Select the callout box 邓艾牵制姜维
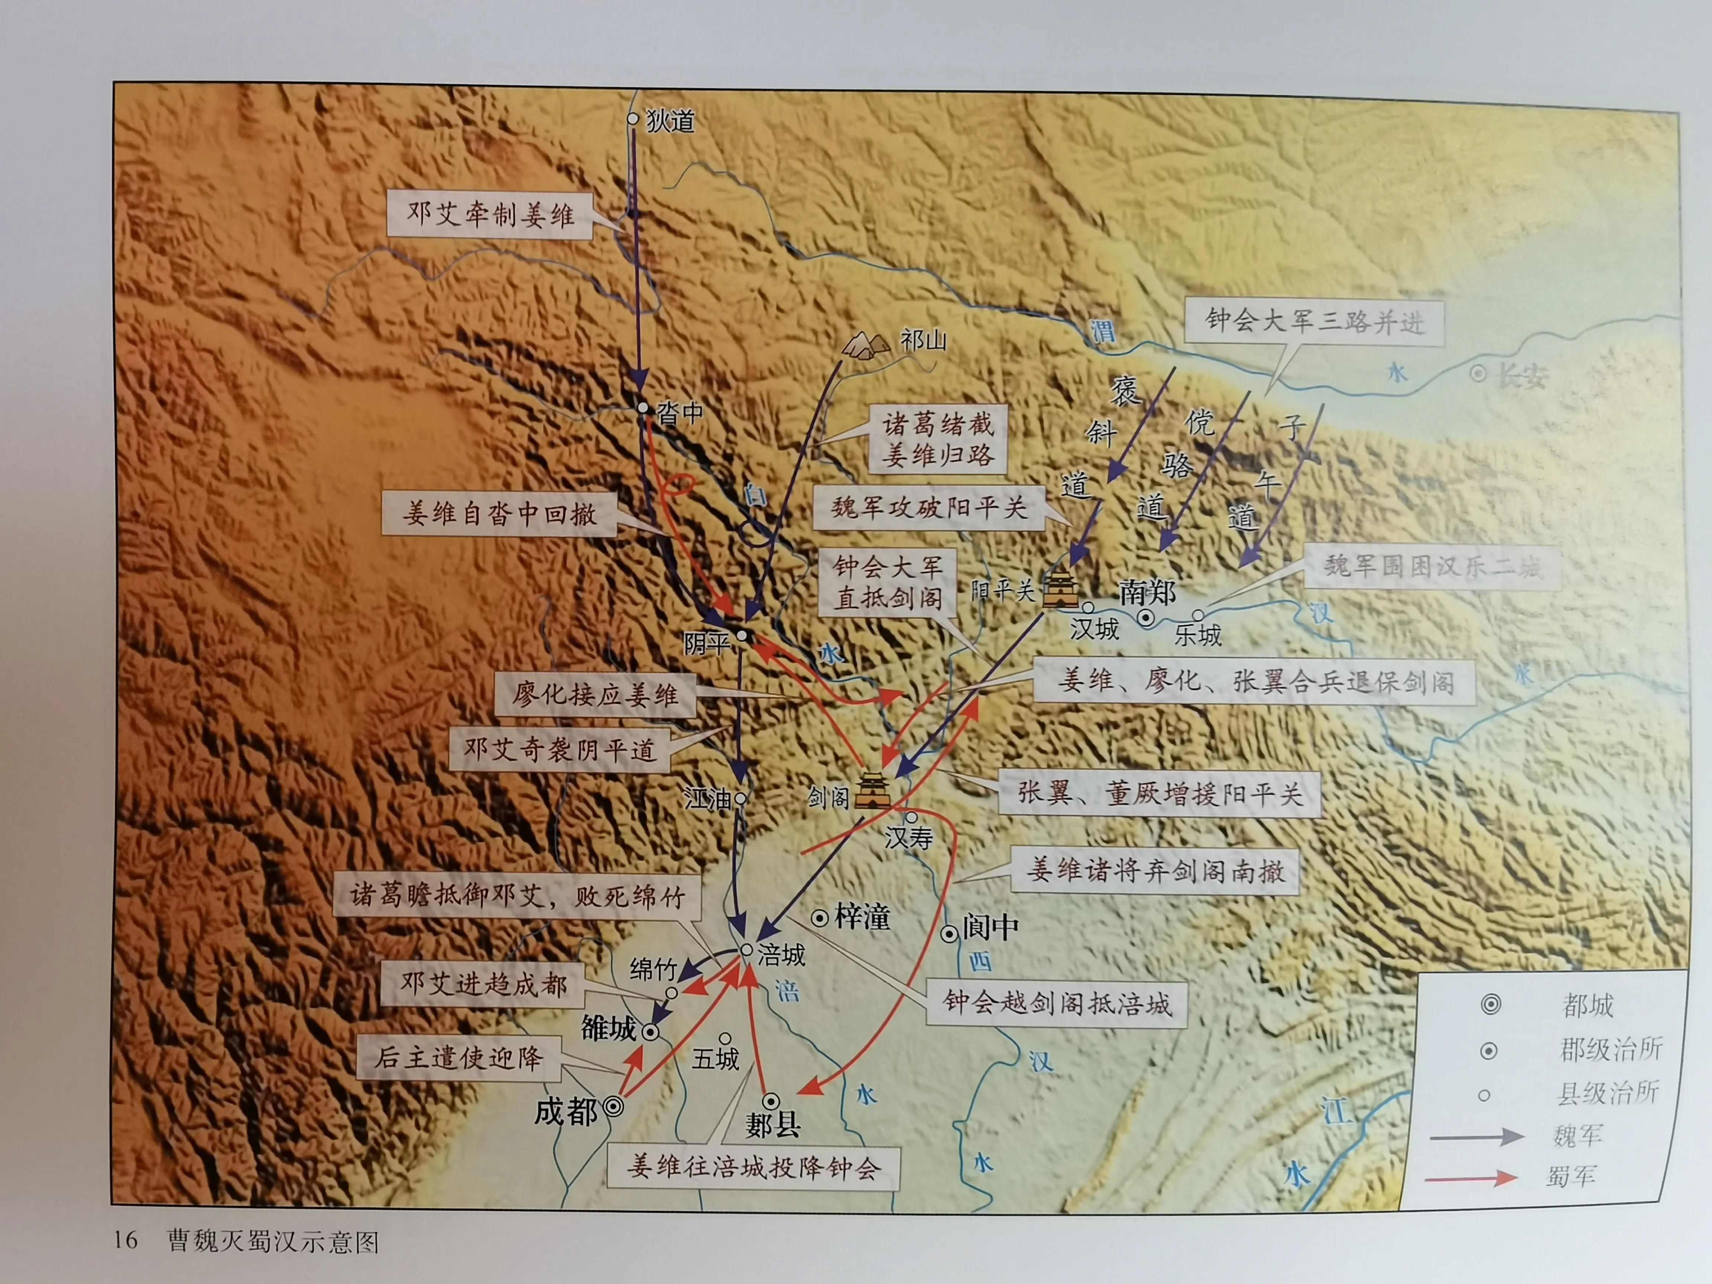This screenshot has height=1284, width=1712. [490, 214]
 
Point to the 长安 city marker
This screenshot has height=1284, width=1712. [1478, 374]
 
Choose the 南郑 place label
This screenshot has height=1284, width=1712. [1147, 593]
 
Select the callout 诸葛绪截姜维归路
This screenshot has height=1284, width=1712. [938, 439]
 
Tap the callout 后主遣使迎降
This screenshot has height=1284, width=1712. [459, 1057]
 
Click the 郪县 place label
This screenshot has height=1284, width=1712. [772, 1125]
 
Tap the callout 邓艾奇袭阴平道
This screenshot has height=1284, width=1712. [559, 749]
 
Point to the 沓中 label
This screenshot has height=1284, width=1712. [680, 413]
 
